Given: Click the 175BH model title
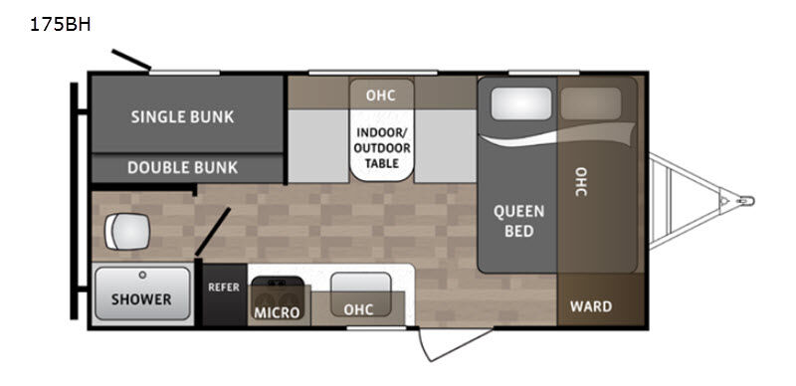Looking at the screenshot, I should (x=61, y=26).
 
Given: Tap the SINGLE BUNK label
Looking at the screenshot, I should (x=183, y=116).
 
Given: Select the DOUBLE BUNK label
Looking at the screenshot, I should (x=183, y=167).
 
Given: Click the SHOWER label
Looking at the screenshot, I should (x=140, y=298).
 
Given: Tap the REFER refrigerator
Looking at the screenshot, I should (x=224, y=288).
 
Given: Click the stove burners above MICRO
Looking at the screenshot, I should (x=277, y=291).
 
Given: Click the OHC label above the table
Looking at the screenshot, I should (x=380, y=96).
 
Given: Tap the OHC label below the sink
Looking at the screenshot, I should (x=358, y=309).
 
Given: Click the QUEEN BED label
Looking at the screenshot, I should (x=519, y=221).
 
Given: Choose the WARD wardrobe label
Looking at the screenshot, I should (x=591, y=306).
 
